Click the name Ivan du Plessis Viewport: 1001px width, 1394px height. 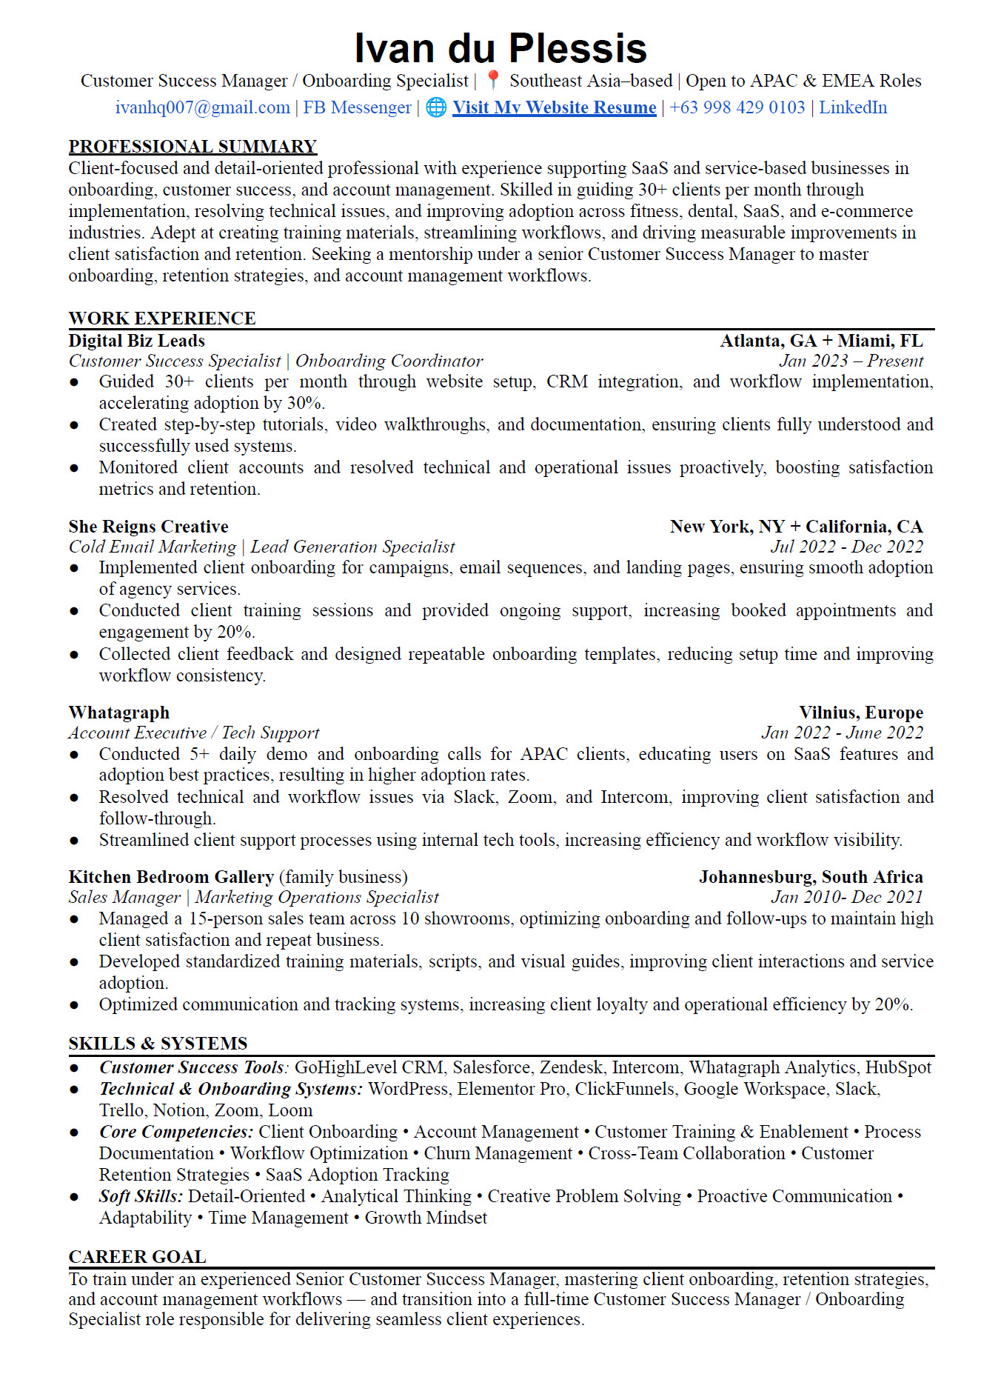(500, 49)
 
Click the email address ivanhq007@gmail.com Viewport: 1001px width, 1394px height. (202, 107)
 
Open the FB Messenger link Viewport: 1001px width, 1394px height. (357, 107)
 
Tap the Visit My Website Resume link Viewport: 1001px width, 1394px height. (554, 107)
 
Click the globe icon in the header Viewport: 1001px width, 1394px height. (436, 107)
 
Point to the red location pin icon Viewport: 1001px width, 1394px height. (493, 80)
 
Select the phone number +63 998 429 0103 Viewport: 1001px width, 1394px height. (737, 107)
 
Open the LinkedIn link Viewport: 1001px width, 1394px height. (852, 107)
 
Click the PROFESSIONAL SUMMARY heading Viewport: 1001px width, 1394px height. (192, 147)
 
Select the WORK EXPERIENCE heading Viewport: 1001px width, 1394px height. (162, 319)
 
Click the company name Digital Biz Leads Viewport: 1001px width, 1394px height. (136, 341)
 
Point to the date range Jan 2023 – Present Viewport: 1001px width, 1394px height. (851, 361)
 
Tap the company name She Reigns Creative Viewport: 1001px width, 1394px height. (148, 527)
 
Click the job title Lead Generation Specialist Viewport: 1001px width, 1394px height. (352, 547)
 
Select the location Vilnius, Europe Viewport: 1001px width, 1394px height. (860, 713)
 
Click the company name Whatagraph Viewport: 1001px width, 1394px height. (118, 713)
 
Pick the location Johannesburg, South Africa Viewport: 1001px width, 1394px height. (811, 877)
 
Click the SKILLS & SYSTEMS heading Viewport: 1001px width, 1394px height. (158, 1044)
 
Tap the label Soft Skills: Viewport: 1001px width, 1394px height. (141, 1196)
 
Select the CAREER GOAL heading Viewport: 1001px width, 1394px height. (137, 1257)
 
